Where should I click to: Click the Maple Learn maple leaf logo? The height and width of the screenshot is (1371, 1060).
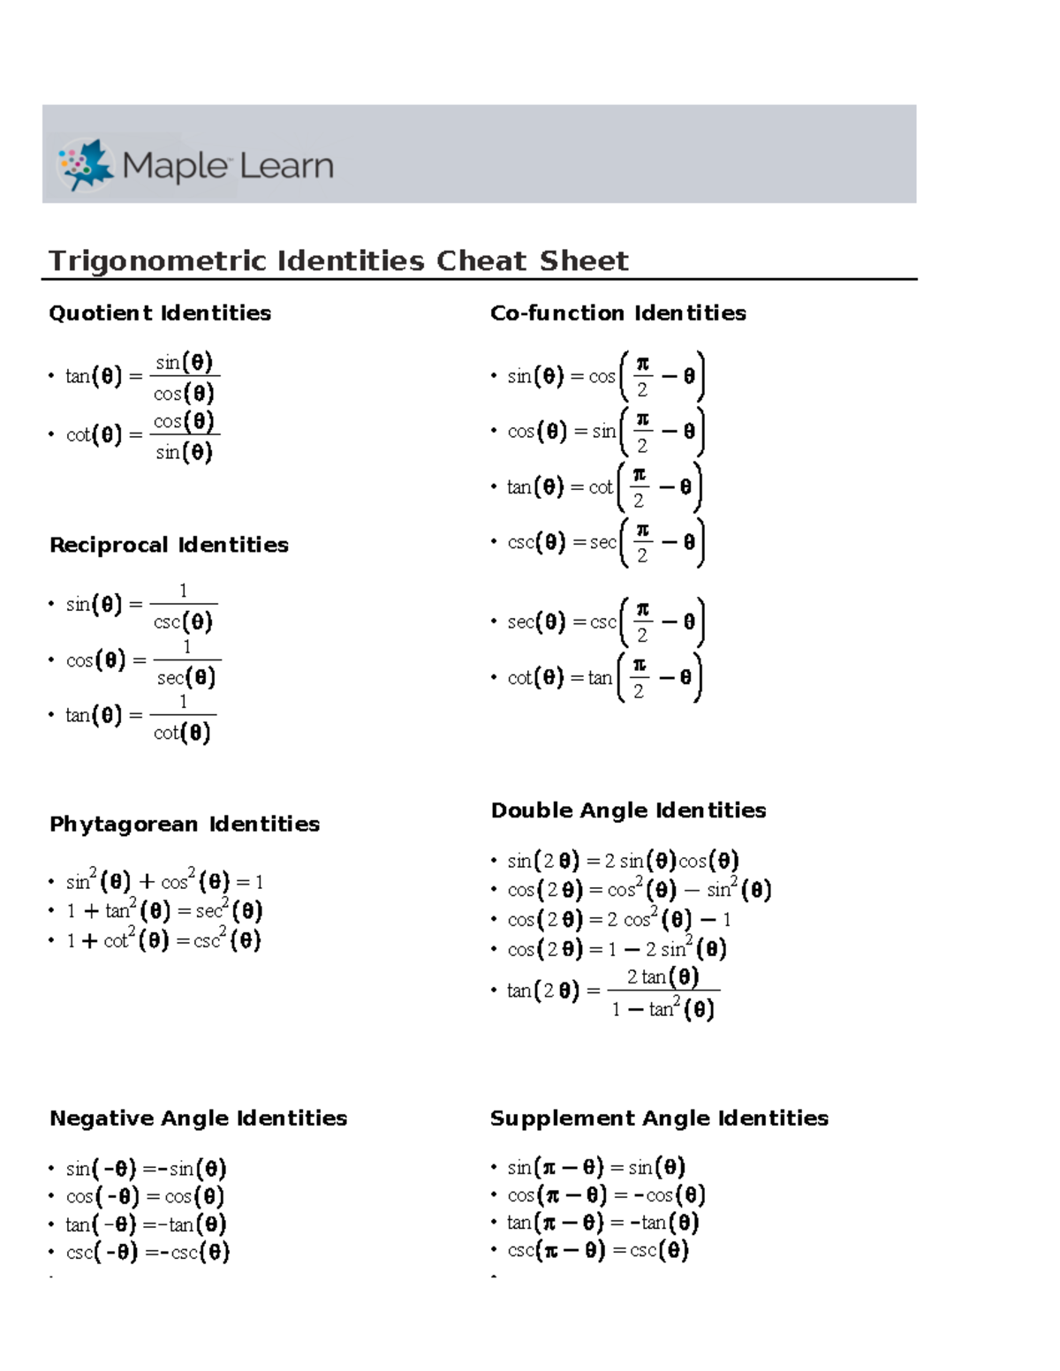coord(86,164)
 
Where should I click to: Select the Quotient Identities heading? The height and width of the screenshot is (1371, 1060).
coord(160,313)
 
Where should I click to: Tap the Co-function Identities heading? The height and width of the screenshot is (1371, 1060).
coord(617,313)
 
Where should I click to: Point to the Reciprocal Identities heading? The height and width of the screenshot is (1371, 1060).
coord(169,546)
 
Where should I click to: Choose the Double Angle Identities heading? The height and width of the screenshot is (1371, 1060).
coord(628,810)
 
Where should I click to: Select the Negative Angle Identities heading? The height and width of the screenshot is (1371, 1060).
coord(199,1119)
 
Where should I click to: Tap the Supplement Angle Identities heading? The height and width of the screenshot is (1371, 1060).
coord(659,1119)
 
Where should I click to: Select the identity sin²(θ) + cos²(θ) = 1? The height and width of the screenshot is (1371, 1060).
coord(164,882)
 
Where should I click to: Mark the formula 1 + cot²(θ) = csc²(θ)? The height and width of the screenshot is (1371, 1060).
coord(163,940)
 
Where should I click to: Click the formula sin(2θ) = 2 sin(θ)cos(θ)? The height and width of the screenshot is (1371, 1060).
coord(623,861)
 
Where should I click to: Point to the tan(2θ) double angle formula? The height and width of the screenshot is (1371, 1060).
coord(613,991)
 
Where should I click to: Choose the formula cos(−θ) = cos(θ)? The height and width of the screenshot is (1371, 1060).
coord(146,1196)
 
